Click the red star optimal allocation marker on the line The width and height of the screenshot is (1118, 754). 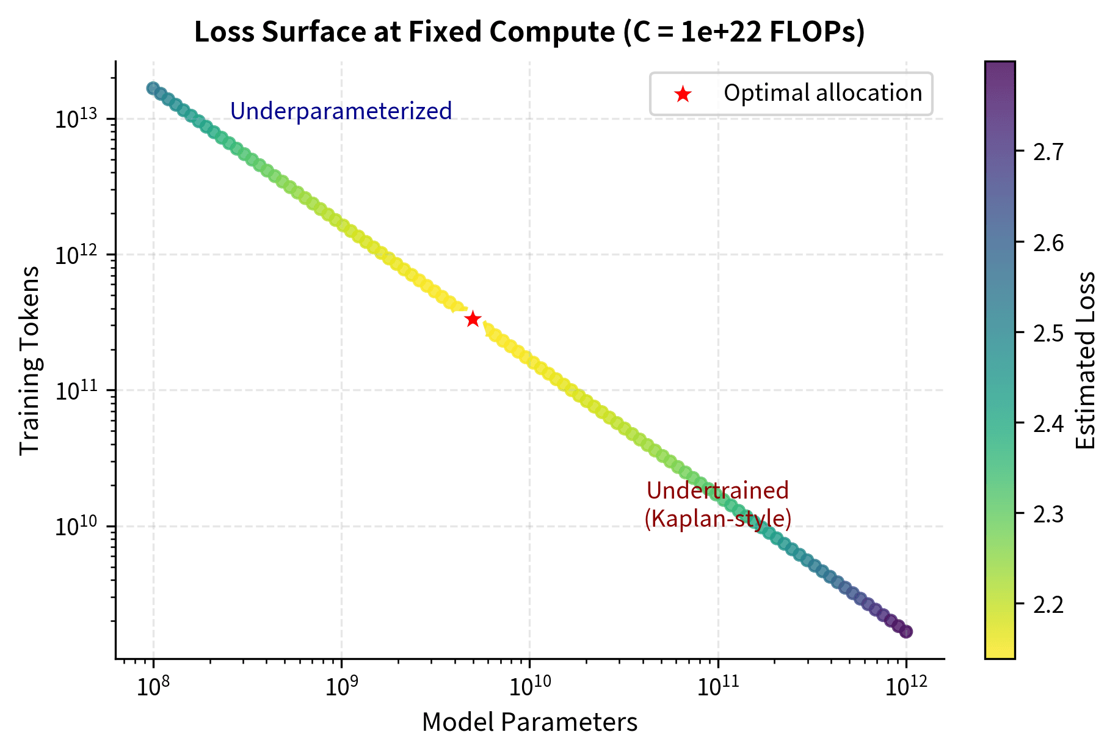[x=473, y=319]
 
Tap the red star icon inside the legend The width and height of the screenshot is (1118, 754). [x=682, y=94]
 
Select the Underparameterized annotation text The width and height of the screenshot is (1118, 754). [x=341, y=111]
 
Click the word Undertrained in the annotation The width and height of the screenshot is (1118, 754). [x=717, y=491]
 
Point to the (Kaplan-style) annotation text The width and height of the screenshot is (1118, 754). [x=717, y=519]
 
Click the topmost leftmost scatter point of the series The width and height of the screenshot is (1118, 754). [x=153, y=88]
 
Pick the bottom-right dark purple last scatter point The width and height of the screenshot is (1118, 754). [x=906, y=632]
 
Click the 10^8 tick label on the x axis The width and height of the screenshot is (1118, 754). [x=153, y=687]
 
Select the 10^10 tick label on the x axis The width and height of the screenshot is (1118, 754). [x=529, y=687]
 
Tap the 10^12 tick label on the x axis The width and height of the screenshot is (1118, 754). [x=906, y=687]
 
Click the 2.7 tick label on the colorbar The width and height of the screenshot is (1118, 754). [x=1048, y=152]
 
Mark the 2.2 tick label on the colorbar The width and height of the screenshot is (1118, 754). [x=1048, y=604]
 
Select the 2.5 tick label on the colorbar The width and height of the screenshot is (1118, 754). [x=1048, y=333]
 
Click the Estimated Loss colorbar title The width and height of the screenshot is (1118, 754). [x=1086, y=361]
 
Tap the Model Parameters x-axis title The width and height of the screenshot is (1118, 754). [x=529, y=723]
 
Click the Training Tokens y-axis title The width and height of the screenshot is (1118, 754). [x=29, y=361]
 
